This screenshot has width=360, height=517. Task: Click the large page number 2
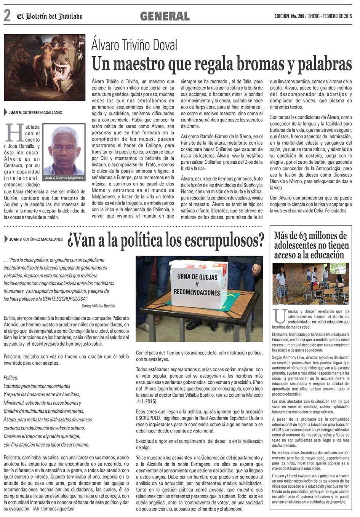[7, 16]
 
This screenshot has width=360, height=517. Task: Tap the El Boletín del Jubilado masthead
[50, 16]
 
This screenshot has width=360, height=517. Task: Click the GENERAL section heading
[165, 16]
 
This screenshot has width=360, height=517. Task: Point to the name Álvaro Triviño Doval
[134, 45]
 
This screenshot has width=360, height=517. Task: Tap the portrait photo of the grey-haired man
[64, 149]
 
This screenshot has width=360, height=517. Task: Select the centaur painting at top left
[45, 67]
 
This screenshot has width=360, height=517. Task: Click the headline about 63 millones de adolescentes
[310, 245]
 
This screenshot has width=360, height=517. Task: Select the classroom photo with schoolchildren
[310, 283]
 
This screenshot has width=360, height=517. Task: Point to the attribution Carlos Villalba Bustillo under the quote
[98, 306]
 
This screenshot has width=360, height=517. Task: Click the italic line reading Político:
[11, 378]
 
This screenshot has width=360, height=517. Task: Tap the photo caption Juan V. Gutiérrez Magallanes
[64, 178]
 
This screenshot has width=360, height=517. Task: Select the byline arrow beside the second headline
[6, 239]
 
